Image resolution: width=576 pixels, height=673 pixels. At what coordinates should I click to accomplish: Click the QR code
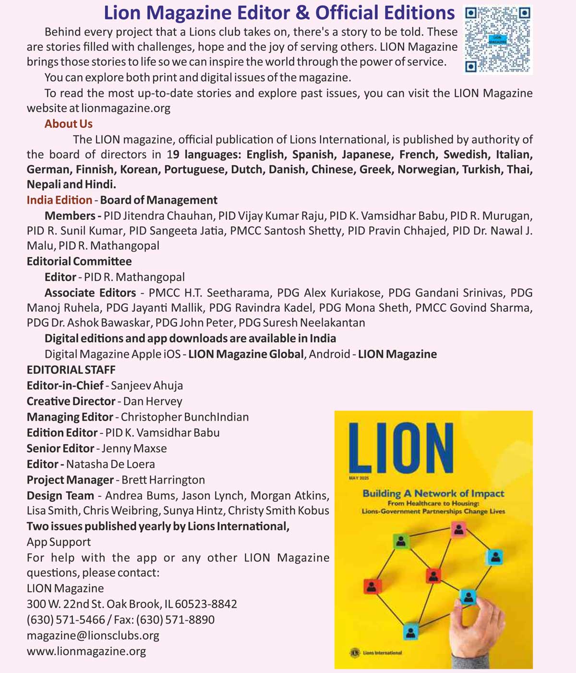coord(498,40)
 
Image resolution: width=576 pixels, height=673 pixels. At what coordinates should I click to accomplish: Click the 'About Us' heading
coord(68,124)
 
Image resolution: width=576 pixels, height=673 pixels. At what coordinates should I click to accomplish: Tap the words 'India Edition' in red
coord(59,200)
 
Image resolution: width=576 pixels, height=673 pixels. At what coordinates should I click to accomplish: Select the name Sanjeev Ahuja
coord(147,386)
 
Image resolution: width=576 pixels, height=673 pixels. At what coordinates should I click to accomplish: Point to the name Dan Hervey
coord(153,401)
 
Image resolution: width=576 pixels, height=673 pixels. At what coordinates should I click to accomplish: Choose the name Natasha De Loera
coord(110,464)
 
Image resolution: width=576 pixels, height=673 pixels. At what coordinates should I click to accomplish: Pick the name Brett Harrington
coord(163,480)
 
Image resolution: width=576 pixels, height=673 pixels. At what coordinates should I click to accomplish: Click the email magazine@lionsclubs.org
coord(93,636)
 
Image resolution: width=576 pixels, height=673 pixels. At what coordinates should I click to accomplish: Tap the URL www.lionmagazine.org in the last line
coord(86,651)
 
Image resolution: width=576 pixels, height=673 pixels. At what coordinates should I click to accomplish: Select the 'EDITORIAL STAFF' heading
coord(71,370)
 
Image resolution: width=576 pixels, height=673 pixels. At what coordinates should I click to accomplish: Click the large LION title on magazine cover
coord(401,447)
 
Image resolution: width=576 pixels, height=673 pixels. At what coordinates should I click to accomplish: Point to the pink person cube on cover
coord(459,529)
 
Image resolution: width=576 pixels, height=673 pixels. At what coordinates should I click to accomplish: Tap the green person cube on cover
coord(401,541)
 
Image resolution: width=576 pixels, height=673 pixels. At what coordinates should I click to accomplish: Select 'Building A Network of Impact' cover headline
coord(433,493)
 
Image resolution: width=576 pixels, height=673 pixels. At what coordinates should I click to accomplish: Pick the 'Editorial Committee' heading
coord(79,262)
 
